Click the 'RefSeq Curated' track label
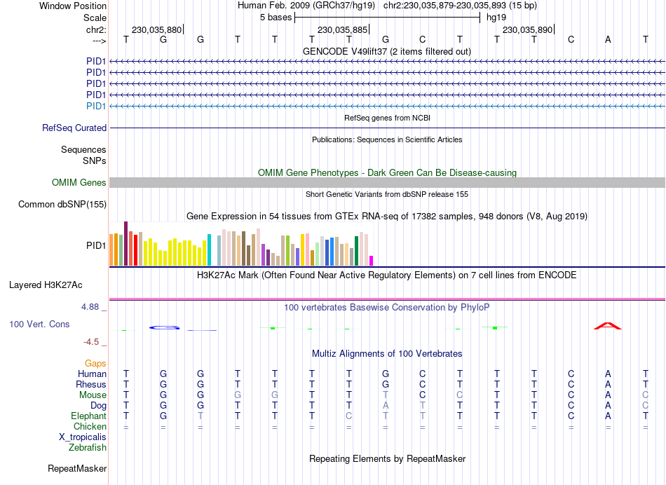point(74,128)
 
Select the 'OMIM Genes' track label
point(79,183)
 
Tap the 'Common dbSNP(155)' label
point(62,205)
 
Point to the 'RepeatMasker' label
point(77,468)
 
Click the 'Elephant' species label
point(86,416)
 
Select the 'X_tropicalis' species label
point(83,437)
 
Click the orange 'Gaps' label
point(95,363)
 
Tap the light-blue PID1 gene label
point(96,106)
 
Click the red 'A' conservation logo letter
point(607,325)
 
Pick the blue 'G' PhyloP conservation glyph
point(163,327)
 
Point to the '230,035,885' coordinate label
point(342,30)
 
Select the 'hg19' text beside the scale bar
point(496,17)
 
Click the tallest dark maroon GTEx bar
point(125,243)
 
